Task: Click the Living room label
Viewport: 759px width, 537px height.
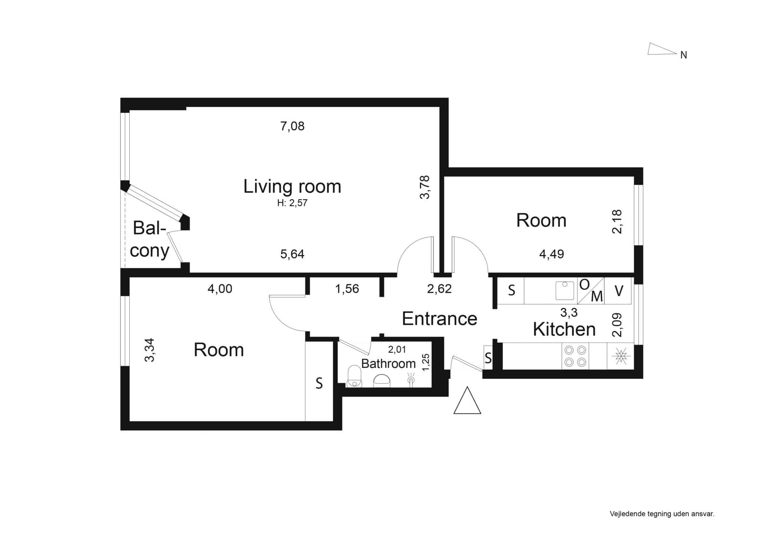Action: (x=292, y=187)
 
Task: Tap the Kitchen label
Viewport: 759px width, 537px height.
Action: (x=564, y=329)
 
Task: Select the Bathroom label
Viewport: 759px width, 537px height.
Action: (x=388, y=364)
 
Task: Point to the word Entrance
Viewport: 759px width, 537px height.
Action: (x=440, y=319)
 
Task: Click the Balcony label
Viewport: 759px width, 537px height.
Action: (x=149, y=239)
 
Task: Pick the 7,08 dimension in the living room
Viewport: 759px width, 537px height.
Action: (x=292, y=126)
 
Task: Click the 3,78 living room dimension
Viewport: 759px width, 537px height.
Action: (x=425, y=187)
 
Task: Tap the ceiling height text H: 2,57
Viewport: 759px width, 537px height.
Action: (x=292, y=203)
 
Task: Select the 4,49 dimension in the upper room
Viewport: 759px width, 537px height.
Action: (x=551, y=254)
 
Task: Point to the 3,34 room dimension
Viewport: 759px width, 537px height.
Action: (x=149, y=350)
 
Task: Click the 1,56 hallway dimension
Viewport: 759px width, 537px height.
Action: (x=347, y=289)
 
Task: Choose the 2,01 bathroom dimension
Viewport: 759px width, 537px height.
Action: (x=397, y=349)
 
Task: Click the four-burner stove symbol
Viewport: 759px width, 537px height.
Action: (x=575, y=356)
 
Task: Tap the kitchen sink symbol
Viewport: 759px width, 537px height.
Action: (x=565, y=291)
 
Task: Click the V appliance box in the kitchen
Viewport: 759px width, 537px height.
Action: (x=618, y=291)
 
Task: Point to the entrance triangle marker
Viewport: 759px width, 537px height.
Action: (x=467, y=400)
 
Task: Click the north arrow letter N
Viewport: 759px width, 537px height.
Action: (x=684, y=55)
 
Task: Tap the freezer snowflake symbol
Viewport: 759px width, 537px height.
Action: (x=620, y=356)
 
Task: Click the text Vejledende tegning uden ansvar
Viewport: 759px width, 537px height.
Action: (x=662, y=514)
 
